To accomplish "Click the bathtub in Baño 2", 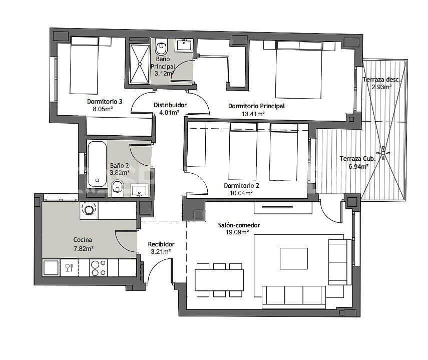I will tap(97, 164).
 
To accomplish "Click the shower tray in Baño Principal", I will tap(140, 63).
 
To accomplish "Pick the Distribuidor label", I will tap(170, 105).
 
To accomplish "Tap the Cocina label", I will tap(83, 240).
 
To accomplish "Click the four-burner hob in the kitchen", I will tap(98, 267).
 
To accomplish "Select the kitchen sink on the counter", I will tap(51, 267).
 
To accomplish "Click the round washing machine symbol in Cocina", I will tap(89, 209).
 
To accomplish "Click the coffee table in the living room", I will tap(293, 258).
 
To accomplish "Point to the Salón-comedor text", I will tap(239, 225).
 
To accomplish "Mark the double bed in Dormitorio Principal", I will tap(299, 70).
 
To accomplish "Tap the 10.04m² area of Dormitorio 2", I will tap(238, 193).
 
